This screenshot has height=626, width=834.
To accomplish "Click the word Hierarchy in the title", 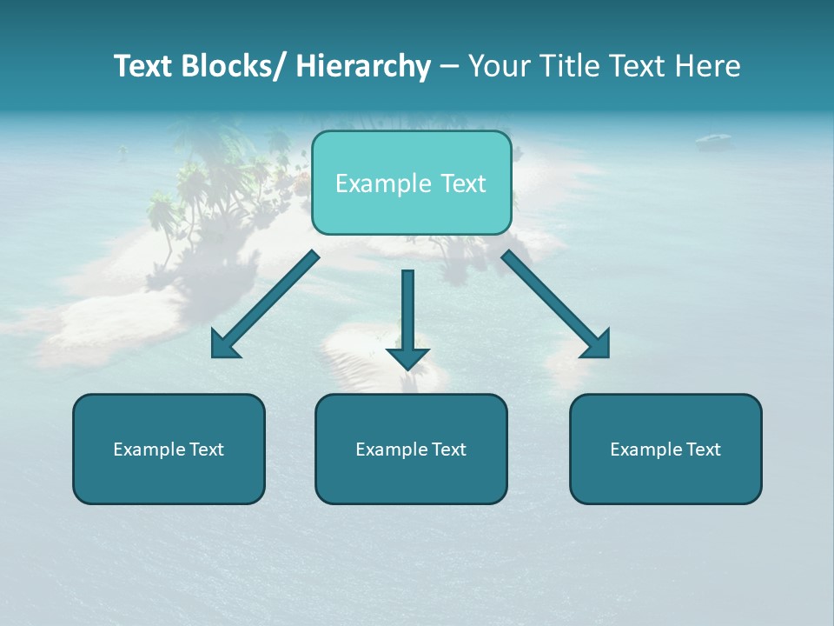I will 363,66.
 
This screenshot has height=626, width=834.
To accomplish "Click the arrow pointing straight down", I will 407,313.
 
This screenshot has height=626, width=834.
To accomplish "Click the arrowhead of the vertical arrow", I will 407,357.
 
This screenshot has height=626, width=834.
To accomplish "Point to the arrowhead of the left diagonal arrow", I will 224,345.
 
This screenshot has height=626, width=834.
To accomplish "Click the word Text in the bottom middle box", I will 449,450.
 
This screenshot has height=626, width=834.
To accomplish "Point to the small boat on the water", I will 712,138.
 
